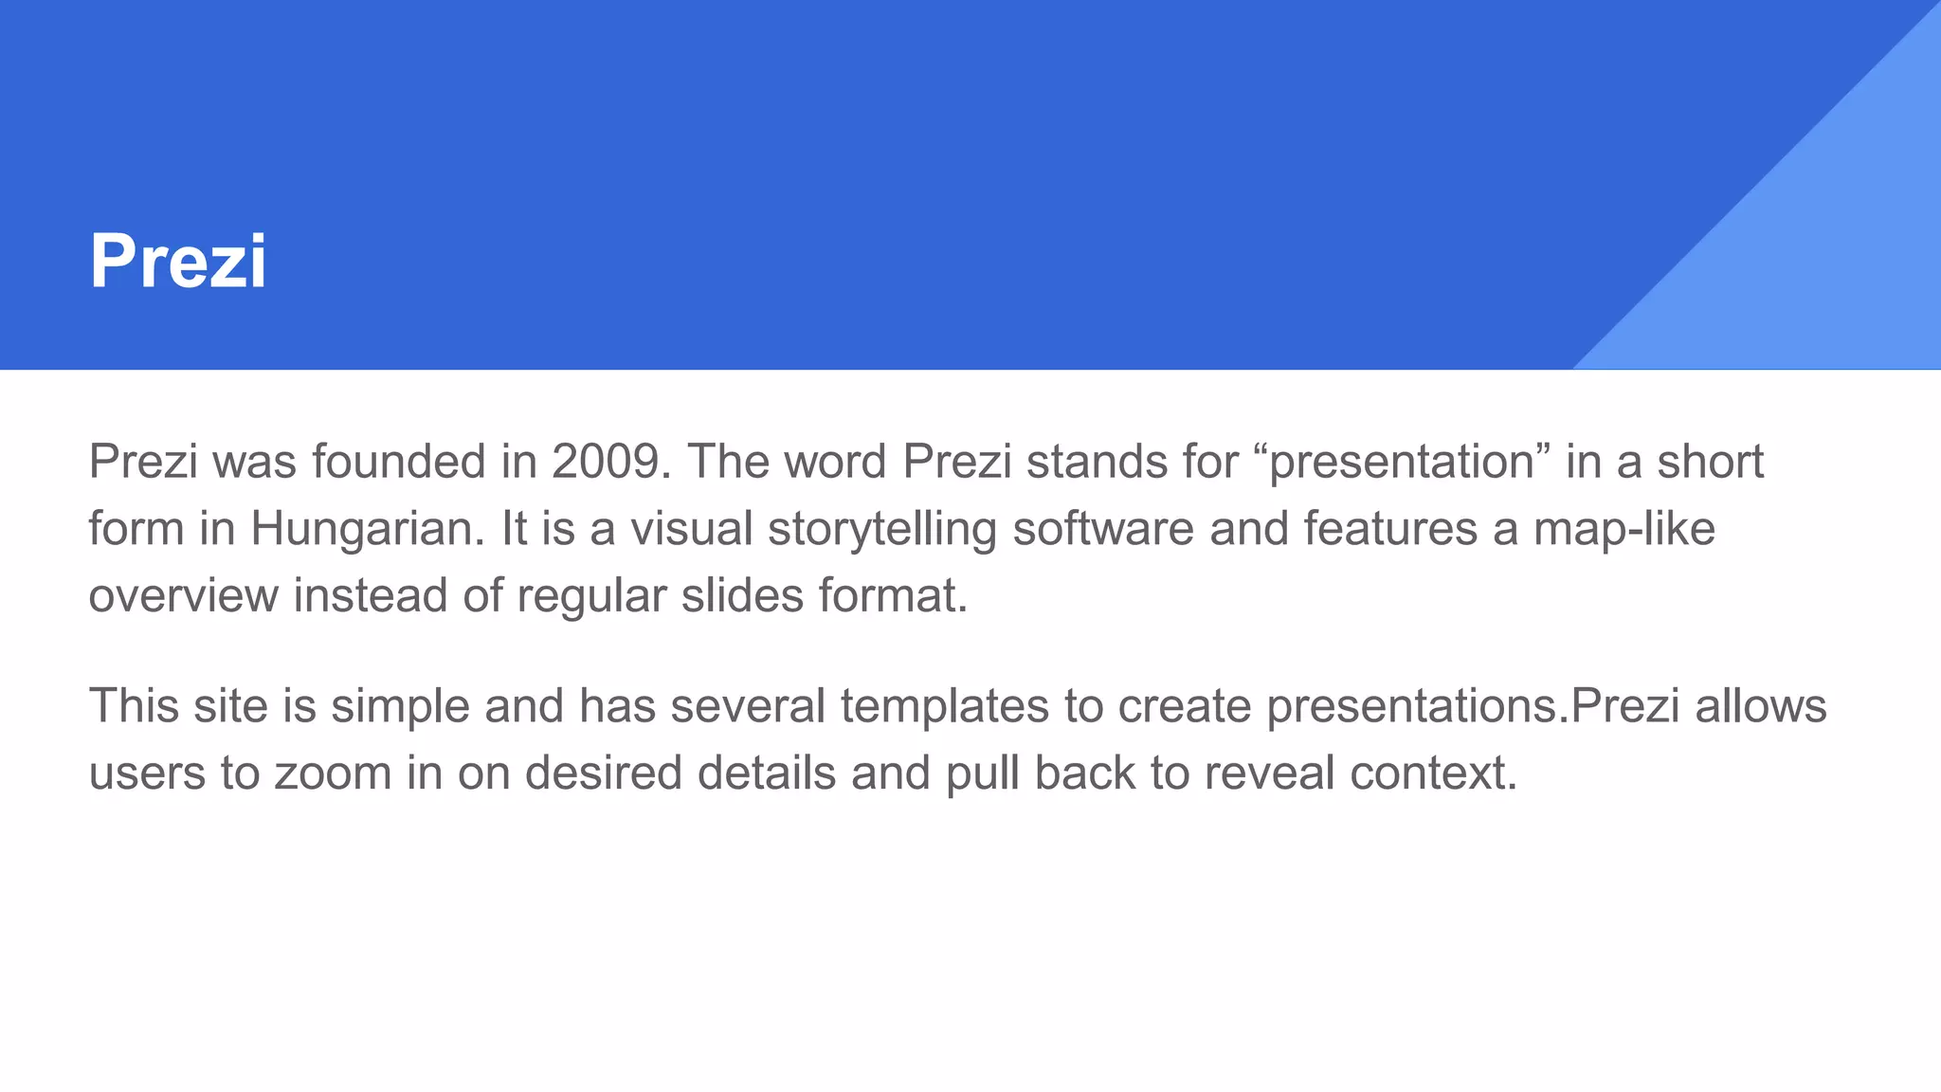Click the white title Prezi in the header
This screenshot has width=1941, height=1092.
[178, 261]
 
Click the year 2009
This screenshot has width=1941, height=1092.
[605, 462]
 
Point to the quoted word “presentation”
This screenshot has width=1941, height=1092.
[1401, 462]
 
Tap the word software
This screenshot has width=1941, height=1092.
[1103, 528]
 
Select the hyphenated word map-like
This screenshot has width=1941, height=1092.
[1624, 528]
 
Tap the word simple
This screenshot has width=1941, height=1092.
[399, 706]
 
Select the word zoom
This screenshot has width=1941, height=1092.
[333, 773]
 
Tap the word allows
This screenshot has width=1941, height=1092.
[1761, 706]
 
